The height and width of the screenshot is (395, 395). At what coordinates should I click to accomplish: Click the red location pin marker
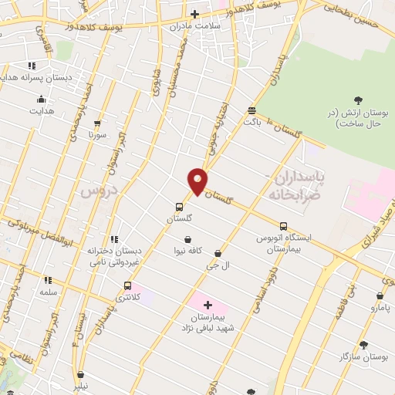point(197,181)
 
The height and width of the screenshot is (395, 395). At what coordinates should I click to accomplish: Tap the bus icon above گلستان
point(179,207)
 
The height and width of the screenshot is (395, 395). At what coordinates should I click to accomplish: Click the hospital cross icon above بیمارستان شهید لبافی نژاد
point(208,306)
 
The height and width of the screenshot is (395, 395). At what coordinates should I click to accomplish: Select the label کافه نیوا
point(188,251)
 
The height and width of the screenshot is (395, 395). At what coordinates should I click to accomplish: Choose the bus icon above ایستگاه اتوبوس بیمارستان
point(284,227)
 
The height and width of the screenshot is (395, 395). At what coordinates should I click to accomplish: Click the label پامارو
point(379,308)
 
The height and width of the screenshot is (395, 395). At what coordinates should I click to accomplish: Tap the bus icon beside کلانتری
point(127,285)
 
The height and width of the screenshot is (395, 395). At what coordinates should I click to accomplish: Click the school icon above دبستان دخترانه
point(114,239)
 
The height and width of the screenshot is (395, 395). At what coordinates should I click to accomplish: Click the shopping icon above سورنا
point(96,123)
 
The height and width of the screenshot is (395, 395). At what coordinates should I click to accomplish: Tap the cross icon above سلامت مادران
point(194,14)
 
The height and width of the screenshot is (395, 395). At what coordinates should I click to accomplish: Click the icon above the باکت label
point(252,110)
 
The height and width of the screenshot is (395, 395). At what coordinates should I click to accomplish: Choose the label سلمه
point(48,293)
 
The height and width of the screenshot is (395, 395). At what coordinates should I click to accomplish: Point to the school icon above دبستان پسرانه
point(32,66)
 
